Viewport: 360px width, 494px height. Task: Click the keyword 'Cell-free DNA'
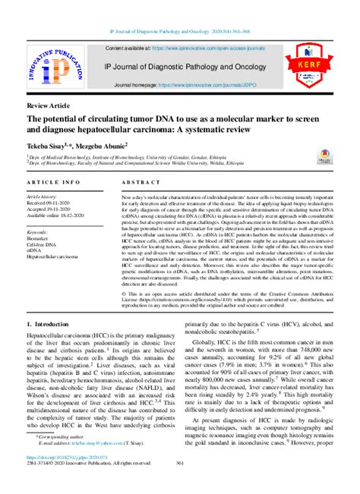point(43,244)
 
